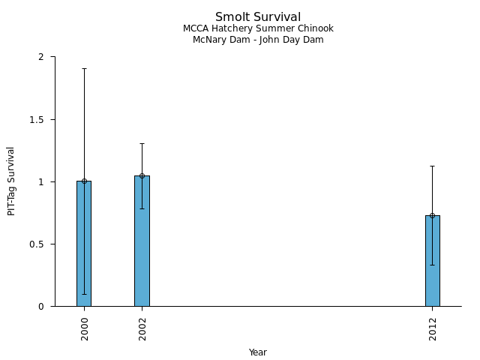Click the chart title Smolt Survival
click(258, 17)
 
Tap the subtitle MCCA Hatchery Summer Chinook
click(258, 28)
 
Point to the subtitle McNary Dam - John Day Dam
click(258, 40)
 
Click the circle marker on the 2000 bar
click(84, 181)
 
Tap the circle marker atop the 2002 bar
click(142, 175)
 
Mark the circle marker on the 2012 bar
click(432, 215)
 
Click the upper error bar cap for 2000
click(84, 68)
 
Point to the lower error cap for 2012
click(432, 265)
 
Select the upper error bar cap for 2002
click(142, 143)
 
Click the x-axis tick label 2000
click(85, 328)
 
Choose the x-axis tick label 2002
click(142, 328)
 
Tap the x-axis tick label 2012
click(433, 328)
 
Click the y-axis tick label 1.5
click(39, 119)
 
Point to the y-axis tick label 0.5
click(39, 244)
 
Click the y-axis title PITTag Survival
click(11, 181)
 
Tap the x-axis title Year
click(258, 352)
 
